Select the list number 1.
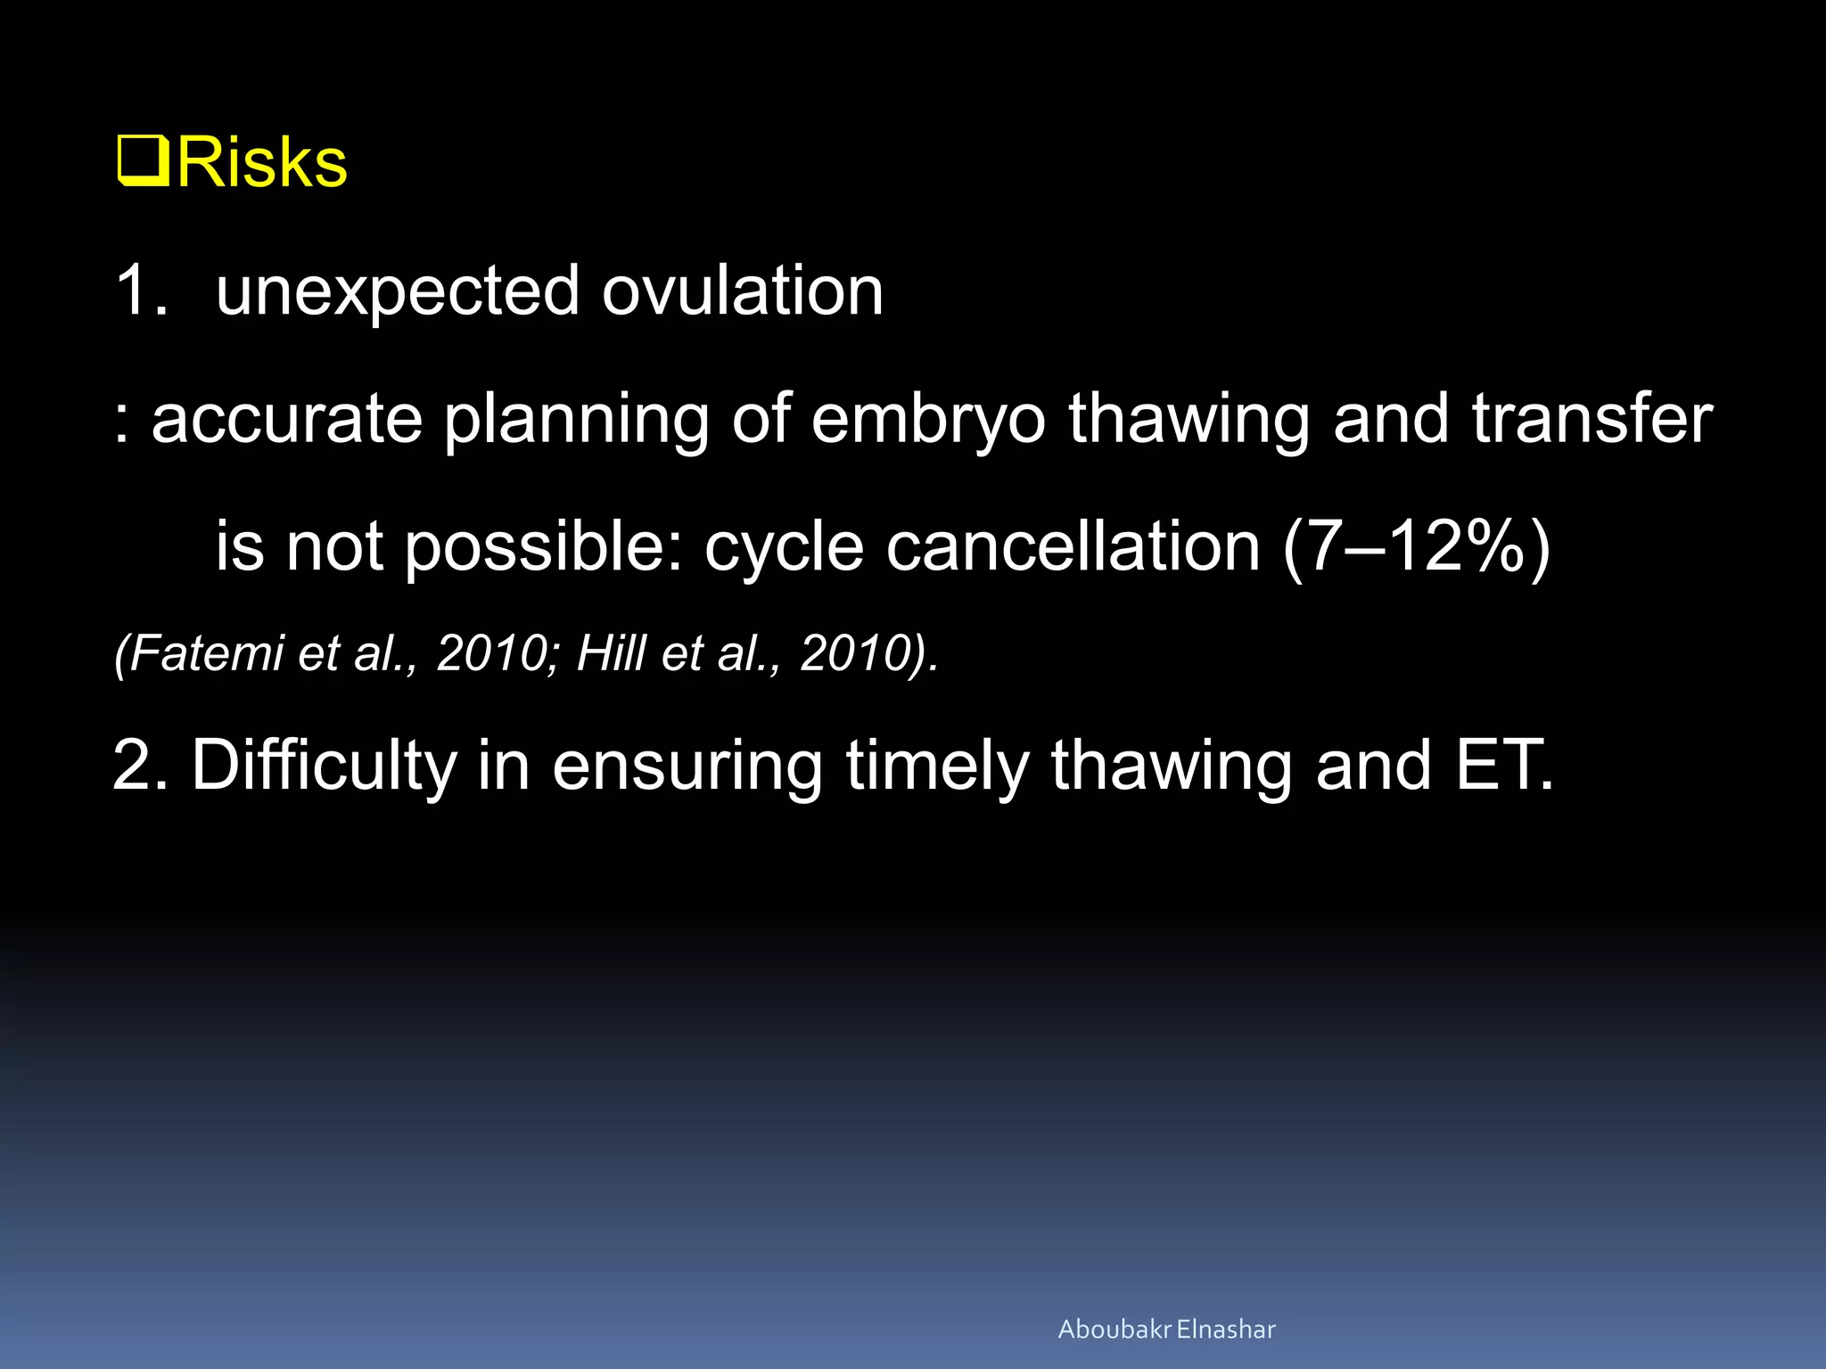(140, 291)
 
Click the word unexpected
(398, 292)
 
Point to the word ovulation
(742, 291)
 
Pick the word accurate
(287, 419)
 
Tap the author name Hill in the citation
(612, 652)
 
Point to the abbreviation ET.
(1503, 765)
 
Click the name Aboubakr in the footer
(1114, 1329)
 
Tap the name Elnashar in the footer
(1226, 1329)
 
